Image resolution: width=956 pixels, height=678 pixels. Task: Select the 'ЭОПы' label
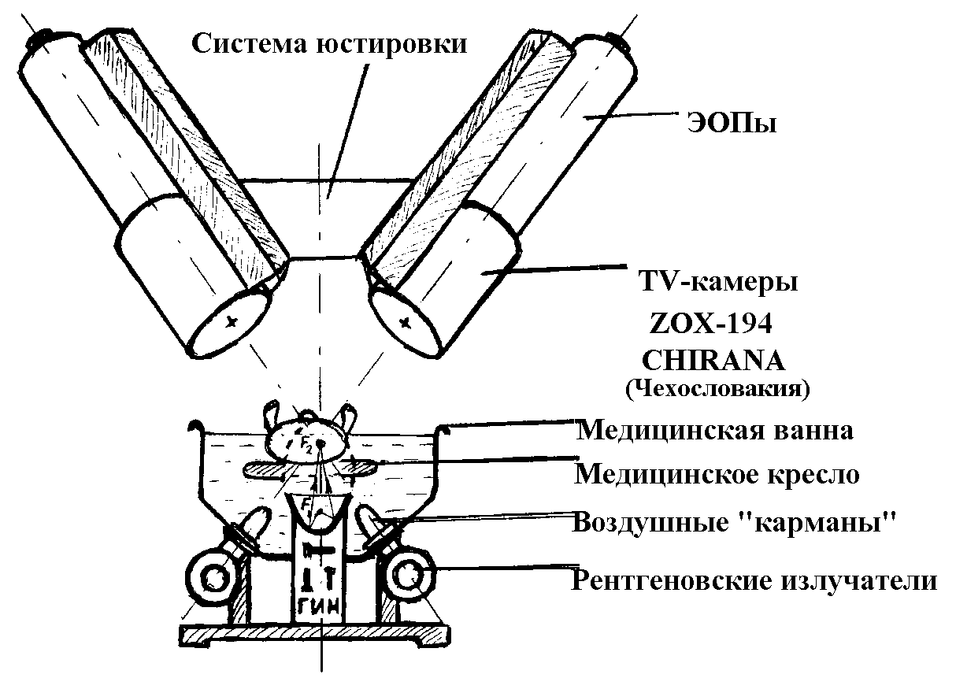(x=728, y=124)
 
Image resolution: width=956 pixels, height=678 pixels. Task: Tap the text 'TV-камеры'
(x=717, y=281)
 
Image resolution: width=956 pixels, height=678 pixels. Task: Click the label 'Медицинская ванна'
(x=715, y=430)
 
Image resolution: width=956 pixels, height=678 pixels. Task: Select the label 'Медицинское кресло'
(x=717, y=474)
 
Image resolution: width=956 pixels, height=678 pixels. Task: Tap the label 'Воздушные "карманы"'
(x=735, y=522)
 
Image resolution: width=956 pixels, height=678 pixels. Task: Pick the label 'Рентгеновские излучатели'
(x=754, y=581)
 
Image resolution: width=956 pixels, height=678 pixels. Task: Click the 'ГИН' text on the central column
(x=322, y=608)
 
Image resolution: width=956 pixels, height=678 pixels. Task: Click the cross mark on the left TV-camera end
(x=231, y=320)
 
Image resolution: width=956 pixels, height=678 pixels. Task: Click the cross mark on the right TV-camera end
(x=406, y=321)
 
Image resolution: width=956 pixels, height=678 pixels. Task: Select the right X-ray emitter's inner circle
(x=411, y=578)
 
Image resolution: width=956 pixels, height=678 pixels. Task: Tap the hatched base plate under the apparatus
(x=315, y=633)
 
